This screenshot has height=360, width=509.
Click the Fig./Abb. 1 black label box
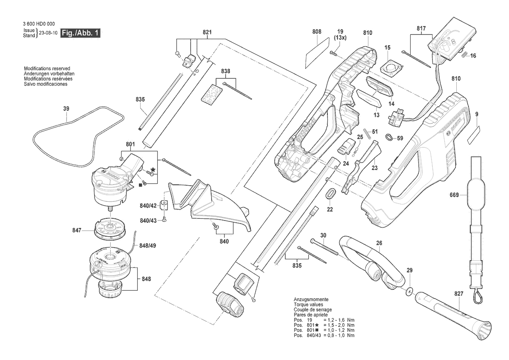(x=81, y=33)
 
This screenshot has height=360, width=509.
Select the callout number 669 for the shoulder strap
(x=454, y=195)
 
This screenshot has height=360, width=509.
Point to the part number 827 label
(x=459, y=294)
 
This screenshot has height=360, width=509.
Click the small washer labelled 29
(x=410, y=290)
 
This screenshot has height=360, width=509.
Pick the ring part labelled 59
(x=388, y=138)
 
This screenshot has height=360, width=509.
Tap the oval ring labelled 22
(x=330, y=193)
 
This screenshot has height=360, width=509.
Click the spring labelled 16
(x=464, y=54)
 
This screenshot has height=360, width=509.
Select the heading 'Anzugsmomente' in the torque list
(x=311, y=300)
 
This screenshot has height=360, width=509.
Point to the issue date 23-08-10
(x=47, y=33)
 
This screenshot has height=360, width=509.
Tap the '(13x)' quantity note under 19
(x=340, y=37)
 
